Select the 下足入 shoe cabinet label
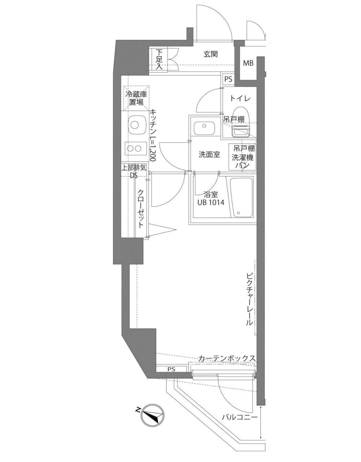[160, 59]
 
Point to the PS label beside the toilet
[228, 79]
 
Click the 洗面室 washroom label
[209, 154]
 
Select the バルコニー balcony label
[239, 417]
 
